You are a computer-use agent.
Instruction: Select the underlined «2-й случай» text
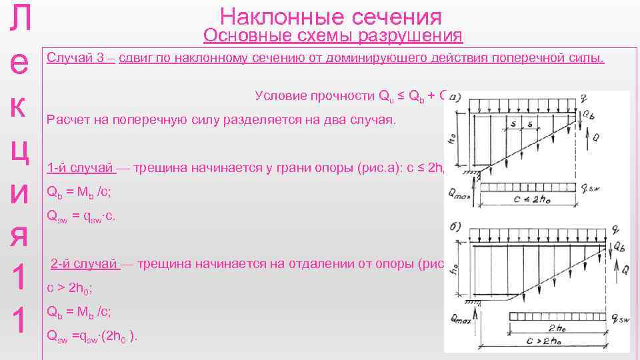click(86, 264)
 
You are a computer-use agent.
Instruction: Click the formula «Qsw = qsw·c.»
click(82, 215)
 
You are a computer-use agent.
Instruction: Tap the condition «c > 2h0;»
click(70, 289)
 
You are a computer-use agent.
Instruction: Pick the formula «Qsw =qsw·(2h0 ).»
click(93, 337)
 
